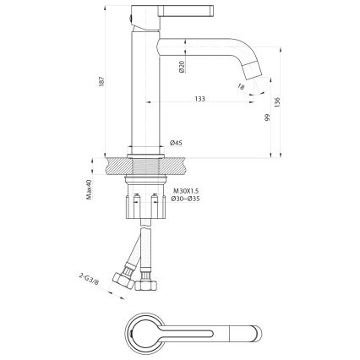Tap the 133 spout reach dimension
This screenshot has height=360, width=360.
[199, 99]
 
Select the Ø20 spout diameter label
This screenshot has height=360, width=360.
[182, 68]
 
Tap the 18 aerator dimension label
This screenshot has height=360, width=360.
[243, 85]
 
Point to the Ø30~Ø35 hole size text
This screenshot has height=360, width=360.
[186, 200]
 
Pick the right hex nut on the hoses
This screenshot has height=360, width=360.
[149, 284]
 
